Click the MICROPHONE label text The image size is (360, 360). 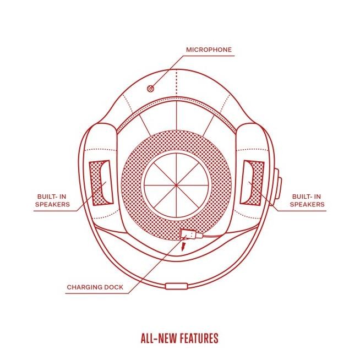(209, 50)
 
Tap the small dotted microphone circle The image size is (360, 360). (150, 89)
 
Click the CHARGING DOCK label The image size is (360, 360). (95, 287)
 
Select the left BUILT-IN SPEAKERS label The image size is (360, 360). (52, 200)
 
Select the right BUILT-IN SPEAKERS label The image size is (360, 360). (307, 200)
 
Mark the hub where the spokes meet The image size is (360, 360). (176, 185)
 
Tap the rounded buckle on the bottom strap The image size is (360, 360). (176, 286)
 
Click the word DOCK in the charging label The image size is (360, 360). (114, 287)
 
